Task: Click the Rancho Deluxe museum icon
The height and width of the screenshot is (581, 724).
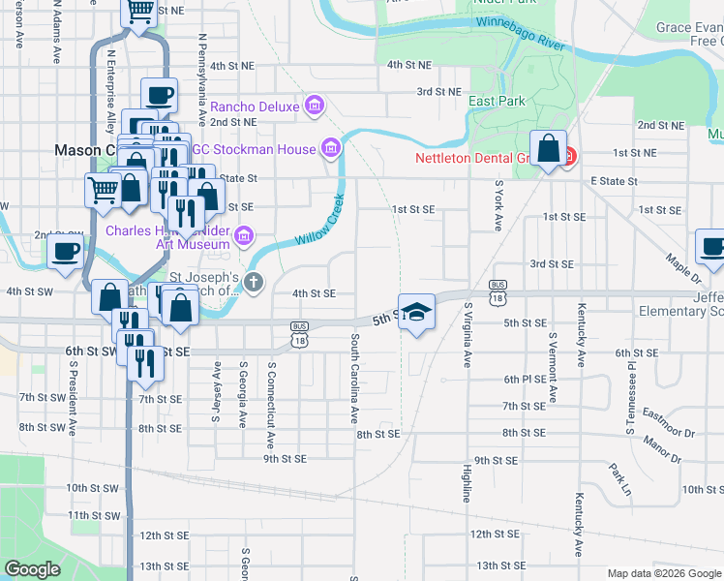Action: click(314, 105)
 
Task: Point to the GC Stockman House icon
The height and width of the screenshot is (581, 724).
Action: click(331, 148)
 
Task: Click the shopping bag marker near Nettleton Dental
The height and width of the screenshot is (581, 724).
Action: click(549, 149)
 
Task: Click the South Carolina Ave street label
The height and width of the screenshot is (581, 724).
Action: click(355, 380)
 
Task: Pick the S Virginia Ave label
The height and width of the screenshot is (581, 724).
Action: click(468, 334)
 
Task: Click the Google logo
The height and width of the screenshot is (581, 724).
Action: click(33, 569)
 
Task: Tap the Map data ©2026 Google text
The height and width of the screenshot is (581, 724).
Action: click(663, 573)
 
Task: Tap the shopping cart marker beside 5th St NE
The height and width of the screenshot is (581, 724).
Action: click(139, 12)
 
